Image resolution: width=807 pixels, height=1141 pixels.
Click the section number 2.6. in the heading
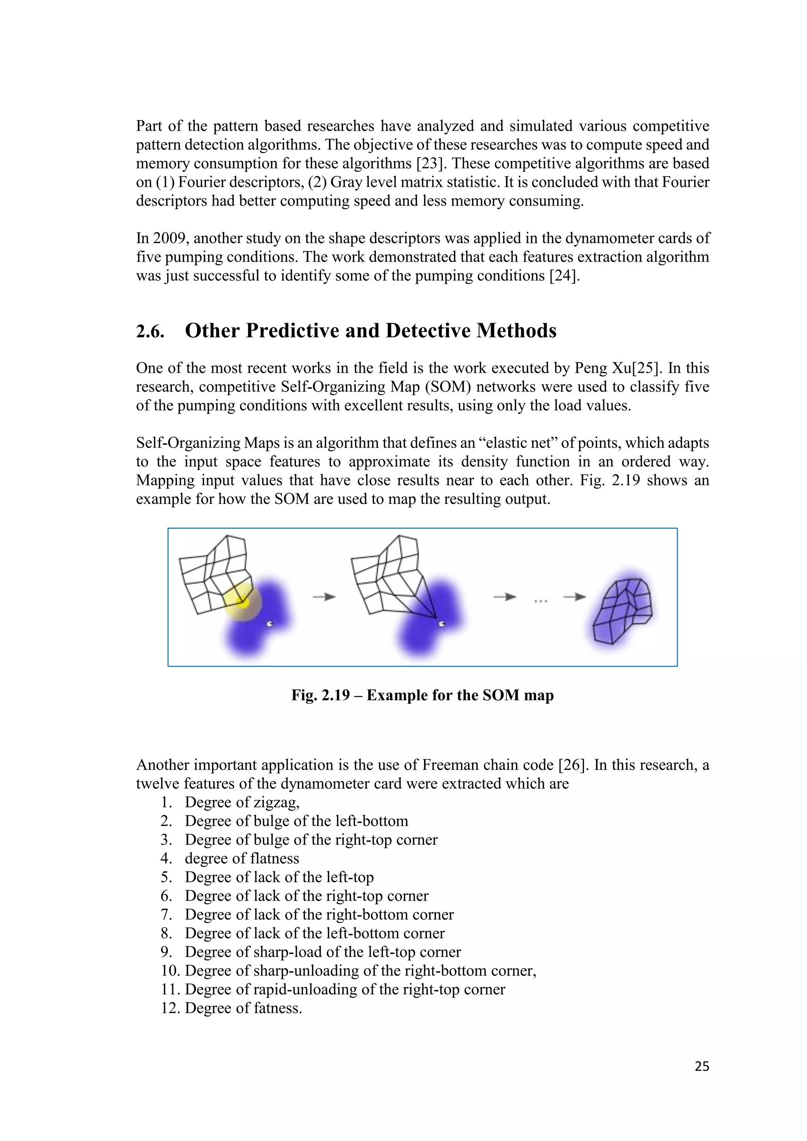150,331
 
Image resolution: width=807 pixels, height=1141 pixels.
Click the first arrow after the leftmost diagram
324,597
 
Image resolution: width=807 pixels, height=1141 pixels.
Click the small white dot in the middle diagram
441,624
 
